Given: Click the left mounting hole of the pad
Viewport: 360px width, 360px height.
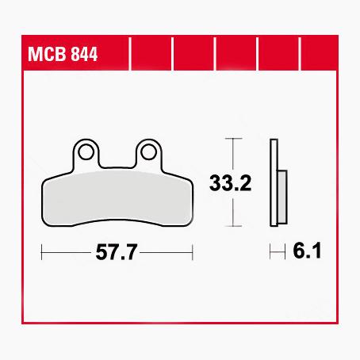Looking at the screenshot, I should (x=86, y=149).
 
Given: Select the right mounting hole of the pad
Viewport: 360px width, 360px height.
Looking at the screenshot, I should (x=148, y=149).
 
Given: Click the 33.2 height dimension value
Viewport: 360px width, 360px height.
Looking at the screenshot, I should (x=231, y=184).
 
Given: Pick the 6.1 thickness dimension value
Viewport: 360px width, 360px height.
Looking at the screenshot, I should (x=305, y=253).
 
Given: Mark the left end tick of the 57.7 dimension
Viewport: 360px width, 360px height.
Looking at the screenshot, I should (x=41, y=253).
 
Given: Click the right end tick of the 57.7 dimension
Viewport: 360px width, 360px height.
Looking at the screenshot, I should (x=193, y=253).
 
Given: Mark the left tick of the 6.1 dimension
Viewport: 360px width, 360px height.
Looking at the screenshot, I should (x=271, y=253).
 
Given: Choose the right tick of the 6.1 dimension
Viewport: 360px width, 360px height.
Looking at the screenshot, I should (x=284, y=253).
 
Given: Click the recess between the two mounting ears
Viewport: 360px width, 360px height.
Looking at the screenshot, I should (x=117, y=159).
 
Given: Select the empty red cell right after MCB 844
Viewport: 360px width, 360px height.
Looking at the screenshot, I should (x=150, y=56).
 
